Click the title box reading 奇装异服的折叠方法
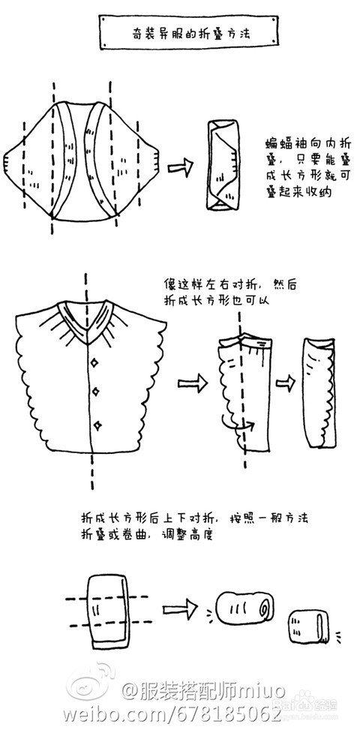click(188, 34)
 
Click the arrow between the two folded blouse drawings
click(285, 383)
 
